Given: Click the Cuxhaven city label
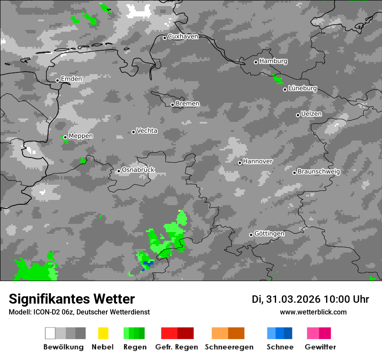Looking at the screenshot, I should pyautogui.click(x=183, y=36).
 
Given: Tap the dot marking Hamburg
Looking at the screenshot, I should pyautogui.click(x=256, y=62).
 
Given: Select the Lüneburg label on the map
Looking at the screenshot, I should pyautogui.click(x=303, y=88).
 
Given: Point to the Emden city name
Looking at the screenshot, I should pyautogui.click(x=71, y=79).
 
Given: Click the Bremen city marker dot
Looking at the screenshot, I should pyautogui.click(x=172, y=105).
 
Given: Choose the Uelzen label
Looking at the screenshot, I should pyautogui.click(x=311, y=114).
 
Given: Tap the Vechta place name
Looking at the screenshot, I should pyautogui.click(x=147, y=131).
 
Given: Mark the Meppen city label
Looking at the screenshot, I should pyautogui.click(x=81, y=136).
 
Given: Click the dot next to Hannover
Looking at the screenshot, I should pyautogui.click(x=240, y=163).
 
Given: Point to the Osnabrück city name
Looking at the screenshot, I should pyautogui.click(x=138, y=170).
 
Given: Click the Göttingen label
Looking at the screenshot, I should pyautogui.click(x=269, y=233).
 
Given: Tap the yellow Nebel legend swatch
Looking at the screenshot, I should pyautogui.click(x=103, y=333).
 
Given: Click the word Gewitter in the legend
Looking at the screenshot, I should pyautogui.click(x=320, y=347).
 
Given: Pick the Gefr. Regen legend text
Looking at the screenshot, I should pyautogui.click(x=177, y=347).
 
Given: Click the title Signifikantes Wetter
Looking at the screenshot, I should pyautogui.click(x=72, y=299).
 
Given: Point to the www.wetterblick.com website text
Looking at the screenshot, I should pyautogui.click(x=313, y=312).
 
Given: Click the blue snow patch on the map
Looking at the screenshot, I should pyautogui.click(x=148, y=263).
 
